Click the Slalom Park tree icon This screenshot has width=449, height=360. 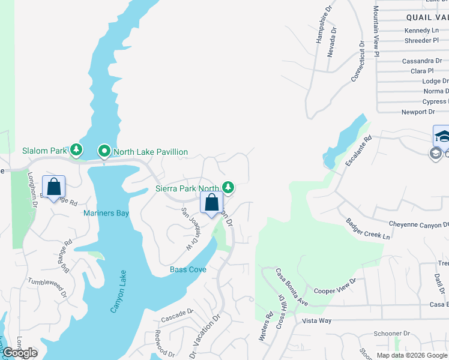[76, 149]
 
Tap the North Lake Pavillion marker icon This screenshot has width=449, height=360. [104, 151]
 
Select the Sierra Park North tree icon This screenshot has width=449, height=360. [228, 188]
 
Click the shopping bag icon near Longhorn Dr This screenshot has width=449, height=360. [54, 187]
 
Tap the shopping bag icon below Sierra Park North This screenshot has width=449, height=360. [212, 202]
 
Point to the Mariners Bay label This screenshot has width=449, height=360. [106, 213]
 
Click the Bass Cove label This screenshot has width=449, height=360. [188, 269]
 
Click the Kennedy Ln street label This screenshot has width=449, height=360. [421, 30]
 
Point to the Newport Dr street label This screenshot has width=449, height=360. [418, 112]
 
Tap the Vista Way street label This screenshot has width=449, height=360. [316, 321]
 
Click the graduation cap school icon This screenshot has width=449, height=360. [442, 134]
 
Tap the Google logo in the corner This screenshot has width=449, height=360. [19, 353]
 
